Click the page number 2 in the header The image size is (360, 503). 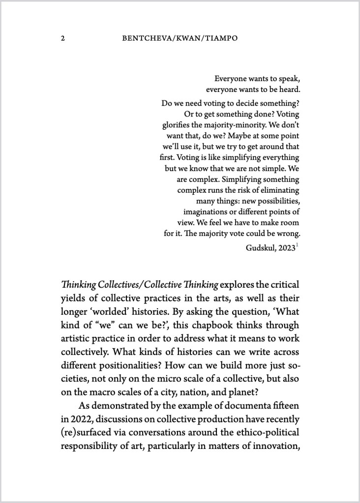point(63,38)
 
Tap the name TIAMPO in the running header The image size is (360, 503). point(221,38)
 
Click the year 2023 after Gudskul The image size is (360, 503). point(287,248)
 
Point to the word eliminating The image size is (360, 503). point(278,190)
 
